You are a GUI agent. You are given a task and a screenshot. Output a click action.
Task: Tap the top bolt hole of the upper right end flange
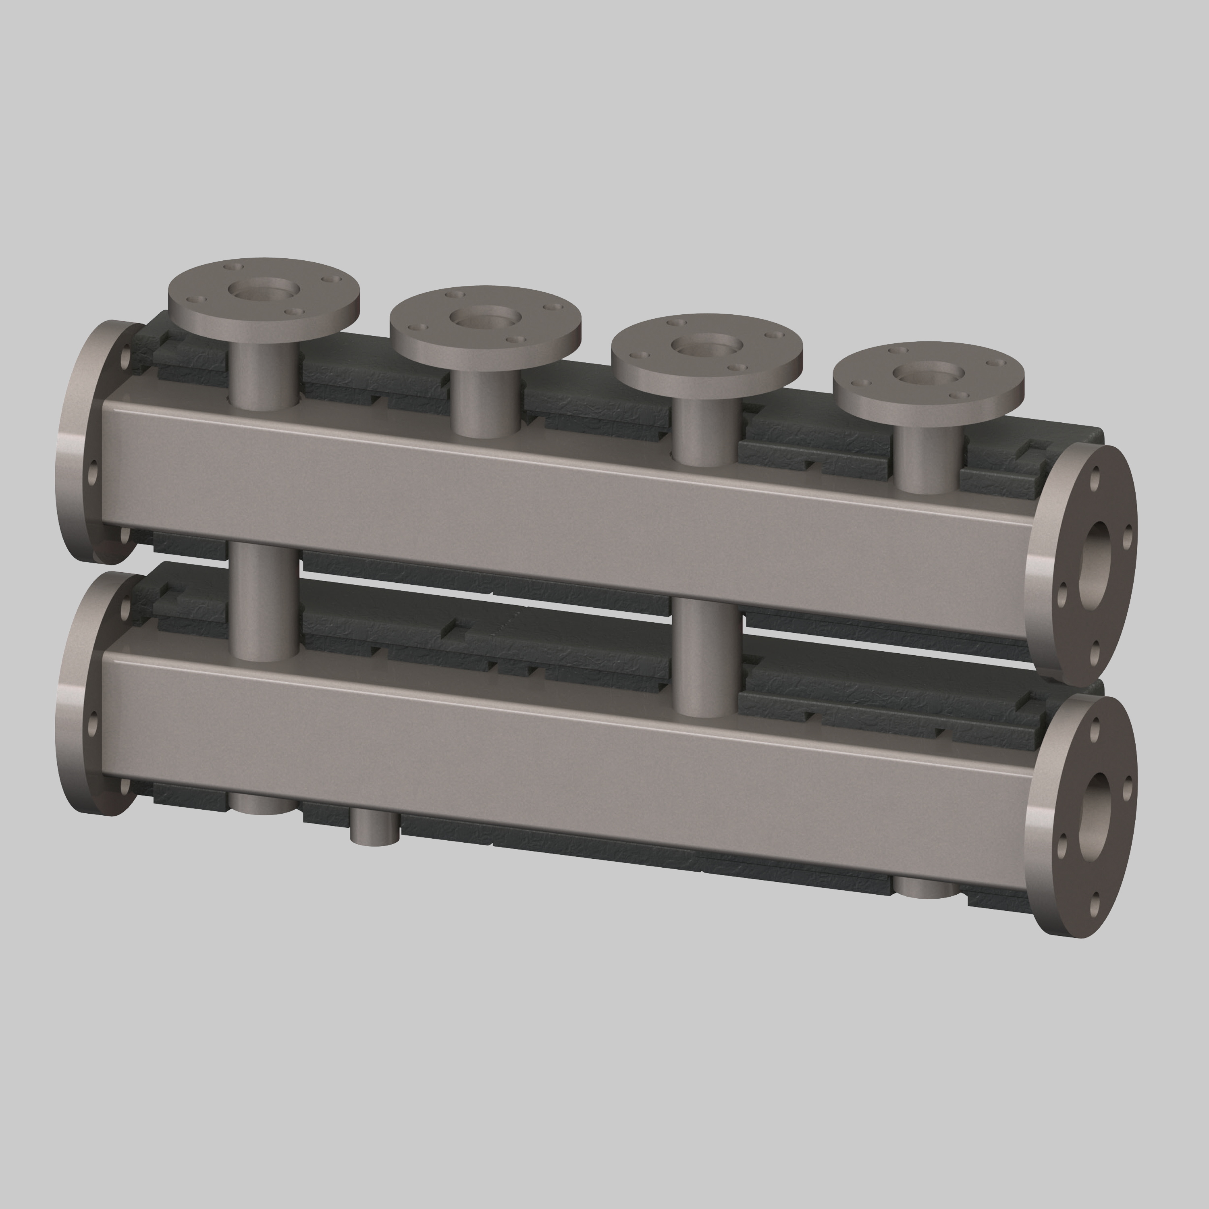[x=1095, y=479]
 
